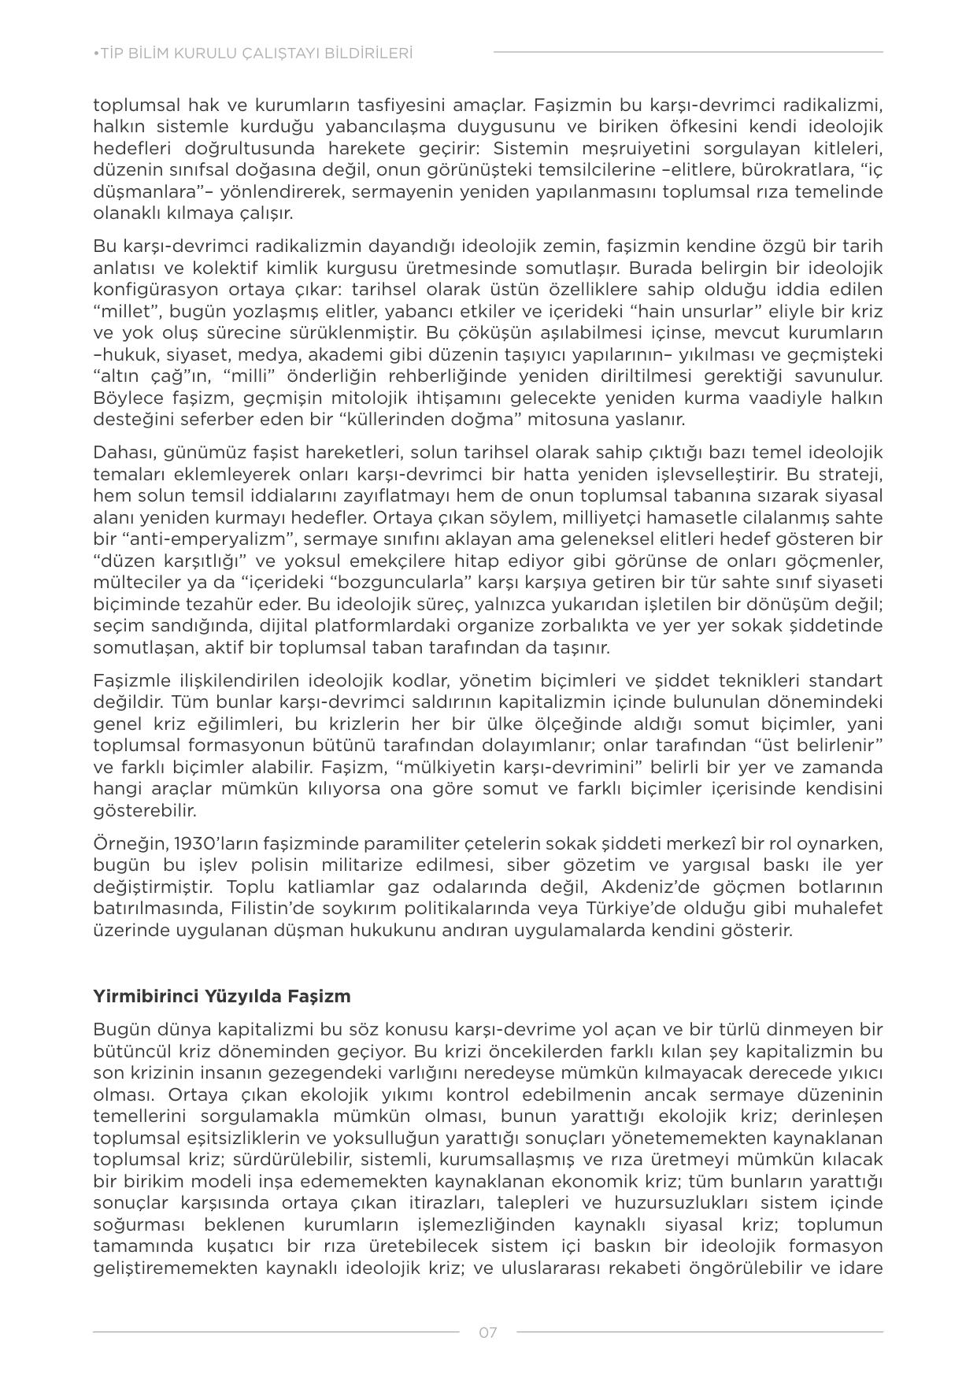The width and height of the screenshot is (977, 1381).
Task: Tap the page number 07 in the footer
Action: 488,1332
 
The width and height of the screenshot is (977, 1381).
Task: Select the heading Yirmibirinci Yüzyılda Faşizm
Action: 222,996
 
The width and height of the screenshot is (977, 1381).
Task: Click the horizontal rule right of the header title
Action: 688,53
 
